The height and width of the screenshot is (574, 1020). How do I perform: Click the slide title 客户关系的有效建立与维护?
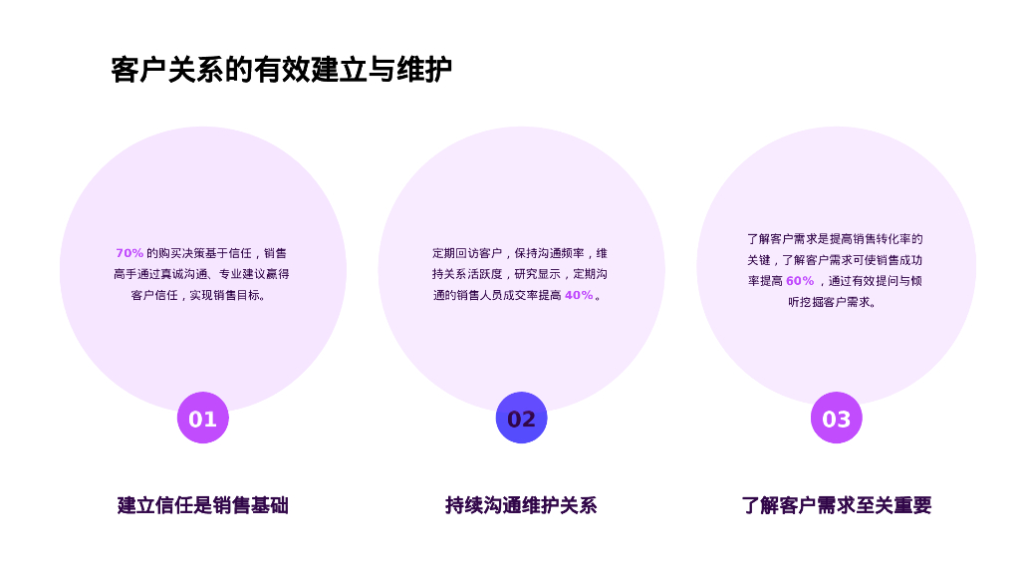(281, 71)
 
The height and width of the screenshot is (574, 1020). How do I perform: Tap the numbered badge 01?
(203, 419)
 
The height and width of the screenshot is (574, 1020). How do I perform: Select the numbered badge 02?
(521, 419)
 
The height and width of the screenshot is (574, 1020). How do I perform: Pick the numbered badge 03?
(836, 419)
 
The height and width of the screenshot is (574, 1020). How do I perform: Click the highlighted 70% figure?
(129, 253)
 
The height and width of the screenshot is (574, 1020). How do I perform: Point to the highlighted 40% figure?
(579, 295)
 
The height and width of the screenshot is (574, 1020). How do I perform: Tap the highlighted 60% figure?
(800, 281)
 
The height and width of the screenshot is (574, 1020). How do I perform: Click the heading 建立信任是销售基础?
(203, 505)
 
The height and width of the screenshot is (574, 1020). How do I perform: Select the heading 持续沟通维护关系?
(521, 505)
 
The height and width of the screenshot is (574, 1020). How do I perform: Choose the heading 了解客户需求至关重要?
(836, 505)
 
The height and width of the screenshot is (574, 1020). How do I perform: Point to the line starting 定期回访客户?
(519, 253)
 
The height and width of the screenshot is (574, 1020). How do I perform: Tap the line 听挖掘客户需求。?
(835, 302)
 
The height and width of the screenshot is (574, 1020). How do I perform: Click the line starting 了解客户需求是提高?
(835, 239)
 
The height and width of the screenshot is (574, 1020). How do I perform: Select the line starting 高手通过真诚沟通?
(201, 274)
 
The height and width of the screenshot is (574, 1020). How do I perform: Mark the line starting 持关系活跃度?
(519, 274)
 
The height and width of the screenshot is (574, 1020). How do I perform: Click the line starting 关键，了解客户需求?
(835, 260)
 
